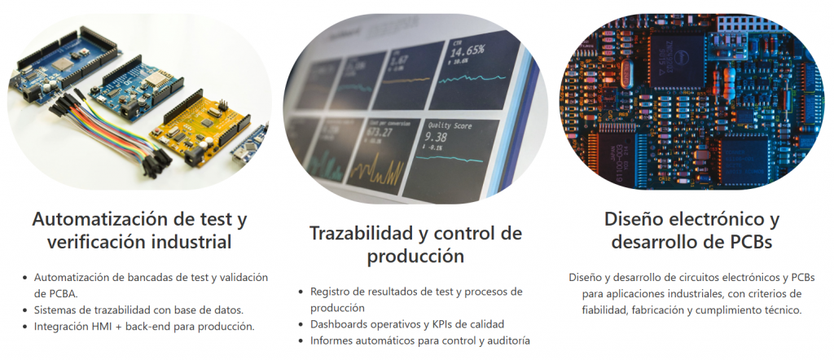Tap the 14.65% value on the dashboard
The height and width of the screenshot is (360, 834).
[467, 51]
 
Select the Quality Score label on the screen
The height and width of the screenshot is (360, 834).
[450, 126]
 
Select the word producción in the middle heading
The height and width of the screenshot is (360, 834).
[415, 257]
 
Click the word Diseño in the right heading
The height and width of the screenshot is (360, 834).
[631, 219]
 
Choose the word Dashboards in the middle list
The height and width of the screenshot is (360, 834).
[337, 324]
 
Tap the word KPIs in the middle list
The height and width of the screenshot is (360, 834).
[443, 324]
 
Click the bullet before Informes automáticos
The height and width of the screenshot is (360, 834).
[301, 340]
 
